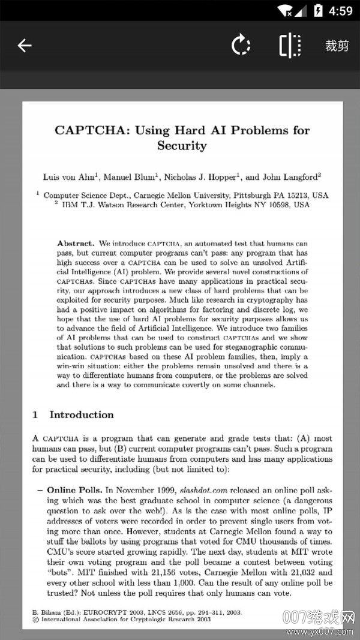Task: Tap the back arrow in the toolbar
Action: click(x=24, y=46)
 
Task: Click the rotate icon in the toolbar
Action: click(x=241, y=46)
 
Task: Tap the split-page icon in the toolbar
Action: click(x=290, y=46)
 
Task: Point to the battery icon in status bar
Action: click(x=318, y=10)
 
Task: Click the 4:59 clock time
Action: click(x=341, y=10)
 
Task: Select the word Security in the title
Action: click(x=182, y=146)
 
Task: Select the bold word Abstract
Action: click(x=75, y=244)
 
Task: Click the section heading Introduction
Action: click(x=81, y=414)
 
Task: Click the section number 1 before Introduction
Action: click(x=35, y=414)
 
